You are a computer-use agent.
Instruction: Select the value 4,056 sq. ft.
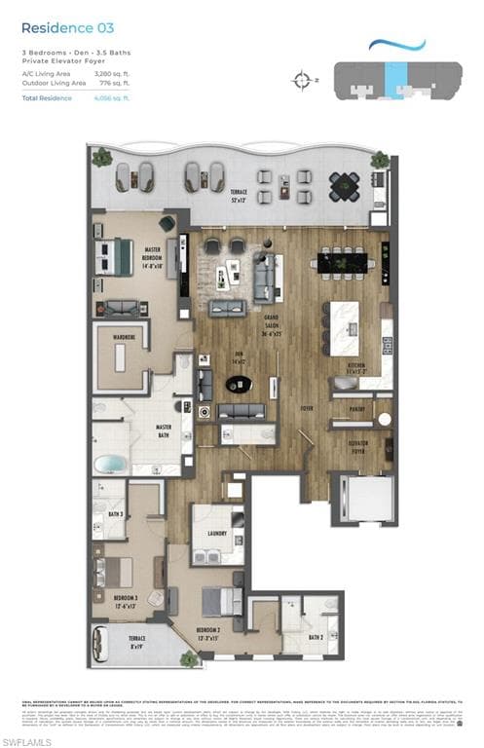click(113, 98)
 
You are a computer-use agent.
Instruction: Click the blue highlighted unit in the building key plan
click(394, 77)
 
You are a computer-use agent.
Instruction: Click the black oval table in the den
click(238, 384)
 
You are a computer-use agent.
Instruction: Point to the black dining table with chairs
click(338, 261)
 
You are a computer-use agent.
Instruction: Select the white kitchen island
click(343, 321)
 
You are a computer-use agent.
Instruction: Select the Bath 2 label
click(315, 637)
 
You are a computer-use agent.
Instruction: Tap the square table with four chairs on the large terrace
click(343, 185)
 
